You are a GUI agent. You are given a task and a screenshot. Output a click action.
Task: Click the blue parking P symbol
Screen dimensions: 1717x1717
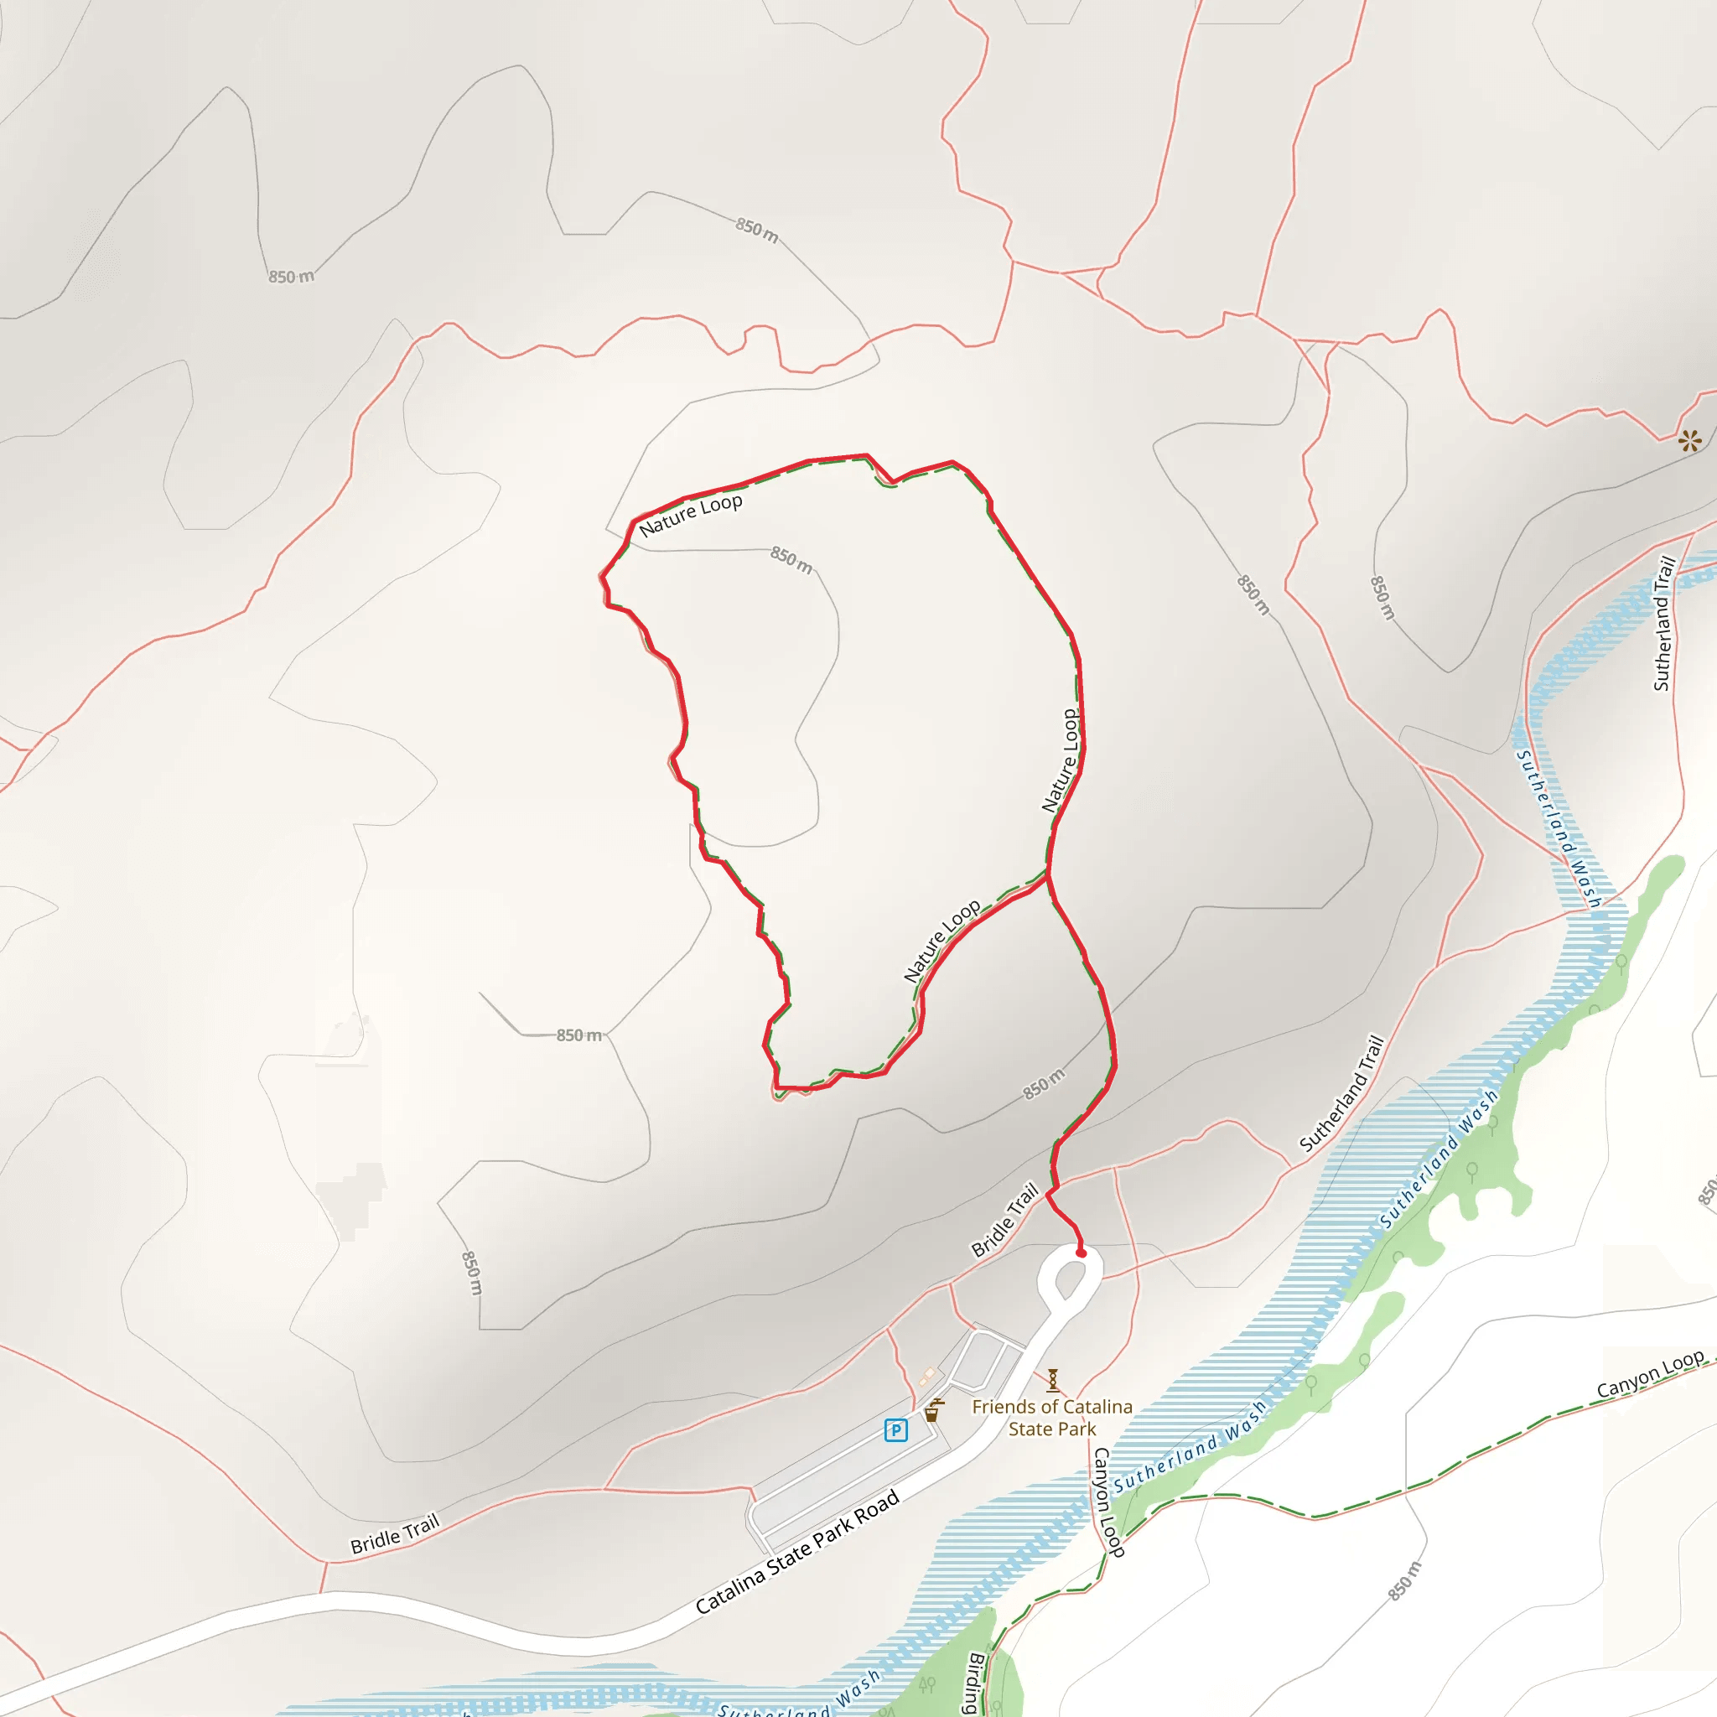pyautogui.click(x=896, y=1430)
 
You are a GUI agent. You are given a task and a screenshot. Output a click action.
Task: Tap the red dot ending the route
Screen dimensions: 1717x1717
pyautogui.click(x=1081, y=1253)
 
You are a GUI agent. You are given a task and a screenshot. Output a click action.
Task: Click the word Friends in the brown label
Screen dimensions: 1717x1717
pyautogui.click(x=1003, y=1407)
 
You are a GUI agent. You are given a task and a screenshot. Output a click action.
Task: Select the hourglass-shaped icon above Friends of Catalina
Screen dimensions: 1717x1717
pyautogui.click(x=1052, y=1380)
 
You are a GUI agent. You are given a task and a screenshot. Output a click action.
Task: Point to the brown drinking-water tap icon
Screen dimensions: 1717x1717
pyautogui.click(x=932, y=1410)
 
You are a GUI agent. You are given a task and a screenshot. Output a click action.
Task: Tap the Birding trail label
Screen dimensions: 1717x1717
pyautogui.click(x=976, y=1683)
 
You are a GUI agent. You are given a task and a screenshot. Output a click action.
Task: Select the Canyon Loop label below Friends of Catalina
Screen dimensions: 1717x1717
pyautogui.click(x=1107, y=1502)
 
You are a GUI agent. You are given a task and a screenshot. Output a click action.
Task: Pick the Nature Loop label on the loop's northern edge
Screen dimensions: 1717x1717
pyautogui.click(x=691, y=516)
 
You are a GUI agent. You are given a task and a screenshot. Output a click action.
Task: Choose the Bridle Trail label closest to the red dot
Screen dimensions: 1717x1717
pyautogui.click(x=1005, y=1219)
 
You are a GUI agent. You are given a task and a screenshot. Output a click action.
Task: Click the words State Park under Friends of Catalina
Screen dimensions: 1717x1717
pyautogui.click(x=1052, y=1429)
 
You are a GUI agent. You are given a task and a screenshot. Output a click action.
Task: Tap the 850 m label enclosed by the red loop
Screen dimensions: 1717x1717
pyautogui.click(x=791, y=560)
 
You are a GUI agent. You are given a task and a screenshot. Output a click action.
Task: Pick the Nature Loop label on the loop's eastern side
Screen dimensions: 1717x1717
pyautogui.click(x=1061, y=760)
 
